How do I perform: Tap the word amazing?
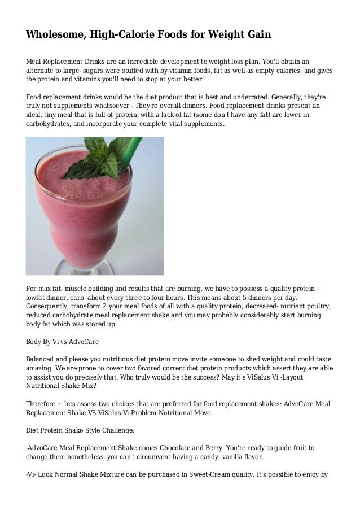pos(42,368)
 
